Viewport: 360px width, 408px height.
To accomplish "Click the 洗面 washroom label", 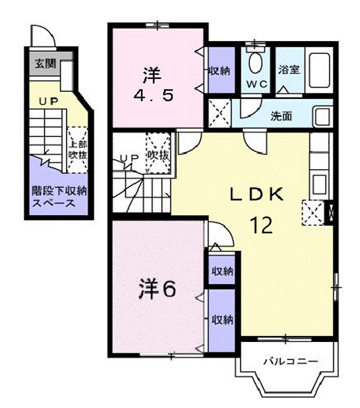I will click(281, 115).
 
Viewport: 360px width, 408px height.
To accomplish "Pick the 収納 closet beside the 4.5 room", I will click(219, 71).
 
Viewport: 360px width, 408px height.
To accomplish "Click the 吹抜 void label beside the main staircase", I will click(158, 156).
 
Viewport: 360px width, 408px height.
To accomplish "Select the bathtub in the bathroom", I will click(318, 69).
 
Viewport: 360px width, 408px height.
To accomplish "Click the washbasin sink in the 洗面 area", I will click(322, 115).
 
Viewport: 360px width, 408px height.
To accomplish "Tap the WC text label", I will click(257, 85).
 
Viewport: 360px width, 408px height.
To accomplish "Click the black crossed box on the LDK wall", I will click(330, 213).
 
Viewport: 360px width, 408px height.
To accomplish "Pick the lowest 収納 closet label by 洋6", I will click(221, 320).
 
